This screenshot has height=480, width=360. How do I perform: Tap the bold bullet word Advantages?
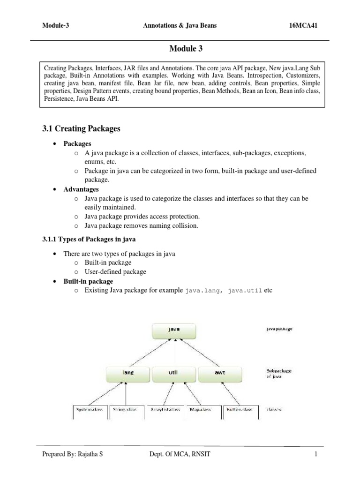81,189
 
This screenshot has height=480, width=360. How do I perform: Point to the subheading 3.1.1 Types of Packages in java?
89,240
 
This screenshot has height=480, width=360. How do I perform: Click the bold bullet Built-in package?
88,281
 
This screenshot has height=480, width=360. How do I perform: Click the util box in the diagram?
173,373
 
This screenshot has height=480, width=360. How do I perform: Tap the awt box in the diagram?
220,373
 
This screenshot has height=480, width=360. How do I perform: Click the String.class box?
127,410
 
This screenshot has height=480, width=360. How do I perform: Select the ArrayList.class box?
165,410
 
